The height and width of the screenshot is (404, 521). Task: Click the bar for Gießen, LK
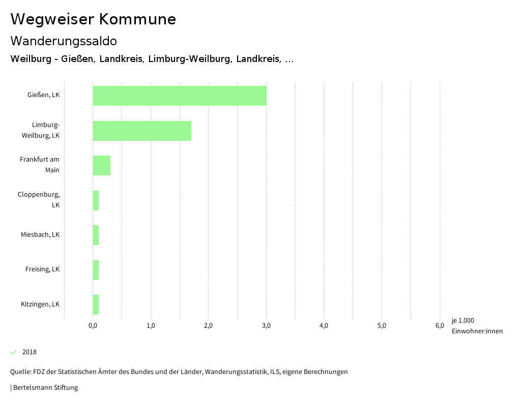(x=180, y=96)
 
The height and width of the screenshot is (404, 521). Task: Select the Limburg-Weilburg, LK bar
(x=142, y=131)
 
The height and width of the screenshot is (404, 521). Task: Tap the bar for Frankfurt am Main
(x=102, y=165)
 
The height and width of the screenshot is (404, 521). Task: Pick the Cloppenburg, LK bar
(x=96, y=200)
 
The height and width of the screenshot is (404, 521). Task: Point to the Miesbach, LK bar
(x=96, y=235)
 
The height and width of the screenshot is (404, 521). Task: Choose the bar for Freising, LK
(x=96, y=269)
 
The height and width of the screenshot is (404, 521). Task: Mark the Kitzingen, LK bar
(x=96, y=304)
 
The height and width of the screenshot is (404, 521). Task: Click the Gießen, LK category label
(x=43, y=95)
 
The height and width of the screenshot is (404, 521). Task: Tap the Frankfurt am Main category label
(x=40, y=165)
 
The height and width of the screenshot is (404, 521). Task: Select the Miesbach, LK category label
(x=40, y=235)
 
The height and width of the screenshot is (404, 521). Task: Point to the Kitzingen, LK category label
(x=40, y=304)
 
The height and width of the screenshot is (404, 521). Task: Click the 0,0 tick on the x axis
(x=93, y=326)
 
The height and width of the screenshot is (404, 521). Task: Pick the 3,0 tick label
(x=266, y=326)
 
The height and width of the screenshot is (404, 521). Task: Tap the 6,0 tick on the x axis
(x=440, y=326)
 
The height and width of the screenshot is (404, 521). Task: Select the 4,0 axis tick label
(x=324, y=326)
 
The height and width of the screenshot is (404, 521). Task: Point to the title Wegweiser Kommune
(x=93, y=19)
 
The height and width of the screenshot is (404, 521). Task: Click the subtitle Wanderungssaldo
(x=64, y=41)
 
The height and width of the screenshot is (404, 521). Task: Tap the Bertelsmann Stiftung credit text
(x=45, y=388)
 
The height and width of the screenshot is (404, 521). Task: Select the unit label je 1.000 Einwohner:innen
(x=477, y=326)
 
